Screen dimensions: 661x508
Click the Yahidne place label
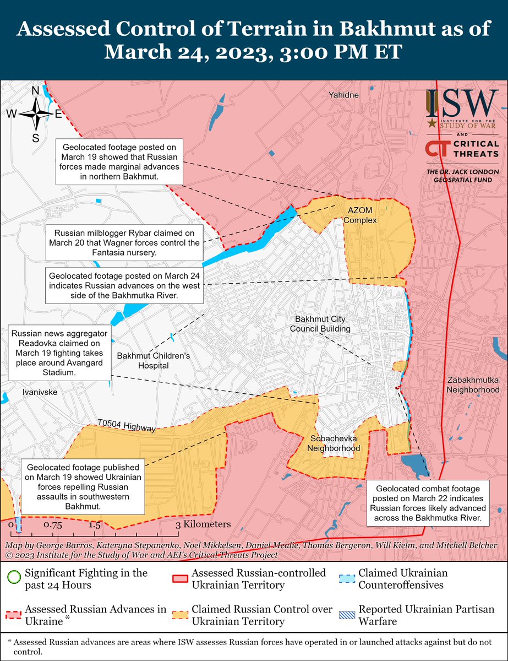(x=343, y=95)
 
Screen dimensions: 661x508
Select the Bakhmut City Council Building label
(x=323, y=324)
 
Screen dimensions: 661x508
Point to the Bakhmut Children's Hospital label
(x=154, y=360)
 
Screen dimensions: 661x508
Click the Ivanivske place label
(x=40, y=392)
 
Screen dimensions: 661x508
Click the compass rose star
(x=36, y=114)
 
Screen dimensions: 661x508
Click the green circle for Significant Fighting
(x=14, y=578)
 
